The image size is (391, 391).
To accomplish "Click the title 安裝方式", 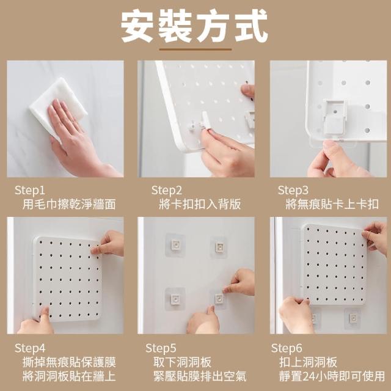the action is [x=194, y=26].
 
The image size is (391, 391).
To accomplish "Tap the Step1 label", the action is [x=30, y=191].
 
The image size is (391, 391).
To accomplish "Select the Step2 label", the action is [x=167, y=191].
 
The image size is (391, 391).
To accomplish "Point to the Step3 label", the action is [x=293, y=191].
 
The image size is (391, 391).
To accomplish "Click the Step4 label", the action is [x=30, y=348].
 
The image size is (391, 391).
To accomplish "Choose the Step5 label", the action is [x=161, y=348].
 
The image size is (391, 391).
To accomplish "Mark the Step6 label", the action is [x=287, y=348].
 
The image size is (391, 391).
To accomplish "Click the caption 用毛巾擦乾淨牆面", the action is [x=69, y=205].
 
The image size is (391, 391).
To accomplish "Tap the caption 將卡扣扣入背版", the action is [x=200, y=205].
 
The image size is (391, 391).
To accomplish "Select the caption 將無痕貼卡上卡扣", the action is [x=332, y=205].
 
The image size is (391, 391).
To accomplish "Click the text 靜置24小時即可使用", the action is [x=332, y=376].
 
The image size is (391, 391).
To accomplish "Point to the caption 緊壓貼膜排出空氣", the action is [x=200, y=376].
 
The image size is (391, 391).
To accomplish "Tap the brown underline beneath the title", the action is [x=195, y=49].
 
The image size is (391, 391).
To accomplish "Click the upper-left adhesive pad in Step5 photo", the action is [x=175, y=245].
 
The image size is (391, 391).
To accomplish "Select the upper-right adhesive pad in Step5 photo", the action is [x=219, y=247].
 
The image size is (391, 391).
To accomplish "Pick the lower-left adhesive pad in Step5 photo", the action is [x=175, y=299].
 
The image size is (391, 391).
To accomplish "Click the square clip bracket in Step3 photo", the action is [x=335, y=117].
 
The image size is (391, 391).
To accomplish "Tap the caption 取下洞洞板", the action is [x=182, y=362].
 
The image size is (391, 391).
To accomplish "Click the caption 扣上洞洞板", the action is [x=308, y=362].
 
